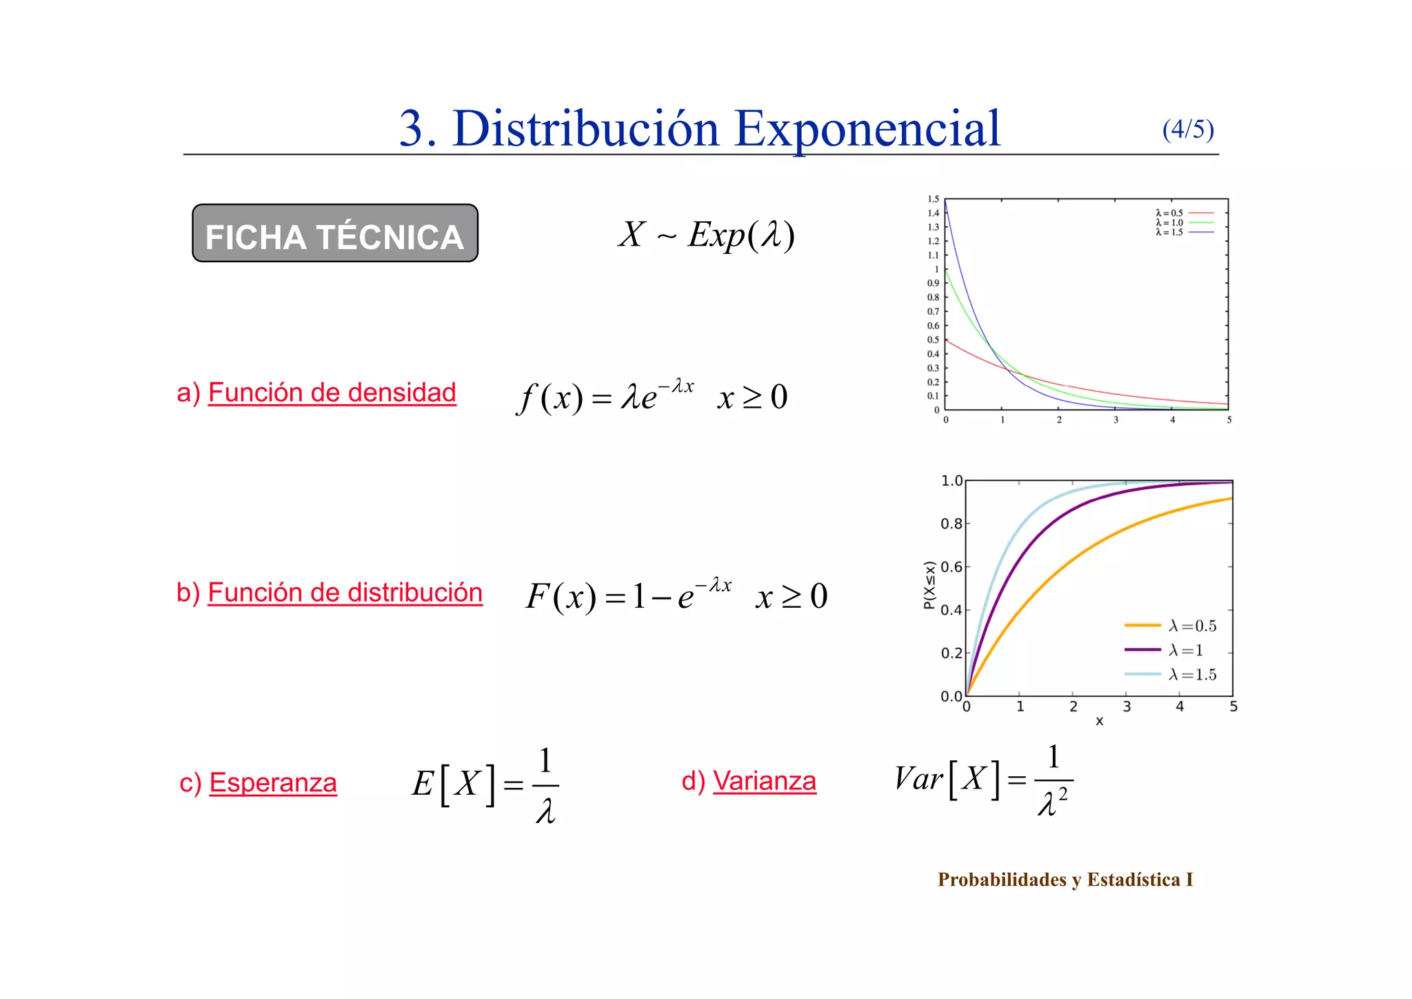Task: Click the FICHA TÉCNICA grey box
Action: [335, 233]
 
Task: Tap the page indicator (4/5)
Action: [1187, 129]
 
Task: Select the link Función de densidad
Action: [332, 393]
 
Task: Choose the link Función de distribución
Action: [345, 593]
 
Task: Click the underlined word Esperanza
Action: [273, 783]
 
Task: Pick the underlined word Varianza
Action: [764, 781]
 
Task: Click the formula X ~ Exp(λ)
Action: [706, 235]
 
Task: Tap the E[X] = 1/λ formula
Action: [485, 784]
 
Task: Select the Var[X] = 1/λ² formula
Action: [983, 780]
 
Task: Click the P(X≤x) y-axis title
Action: [929, 585]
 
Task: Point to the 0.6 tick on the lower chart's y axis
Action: [951, 567]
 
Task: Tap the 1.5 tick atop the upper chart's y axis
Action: [933, 199]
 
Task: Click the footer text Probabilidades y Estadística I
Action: [1065, 880]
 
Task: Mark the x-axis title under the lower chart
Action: [1099, 722]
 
